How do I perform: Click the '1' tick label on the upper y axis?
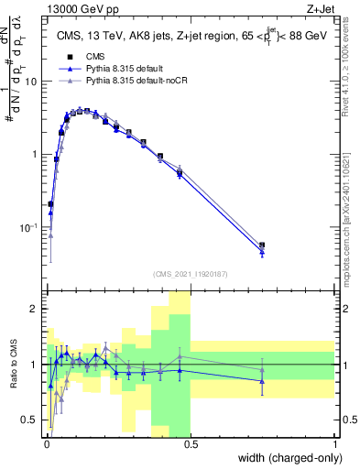[37, 154]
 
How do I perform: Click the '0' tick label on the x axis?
[46, 442]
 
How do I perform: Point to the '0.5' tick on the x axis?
[191, 442]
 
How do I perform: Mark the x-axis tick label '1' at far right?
[334, 442]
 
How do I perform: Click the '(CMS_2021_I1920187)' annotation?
[190, 273]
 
